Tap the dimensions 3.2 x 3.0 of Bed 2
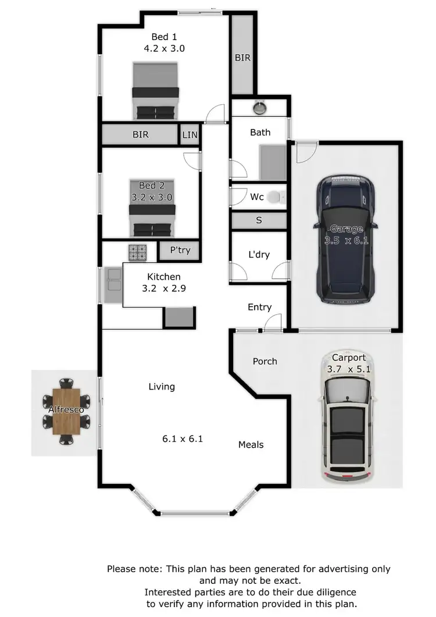[x=151, y=197]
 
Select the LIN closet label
[x=190, y=135]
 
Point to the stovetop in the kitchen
[x=138, y=252]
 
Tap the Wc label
[x=257, y=197]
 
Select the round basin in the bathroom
[x=259, y=108]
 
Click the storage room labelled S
[x=259, y=220]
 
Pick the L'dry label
[x=259, y=255]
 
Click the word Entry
[x=259, y=307]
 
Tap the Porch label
[x=265, y=361]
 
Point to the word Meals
[x=251, y=444]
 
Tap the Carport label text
[x=349, y=358]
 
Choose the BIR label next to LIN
[x=141, y=135]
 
